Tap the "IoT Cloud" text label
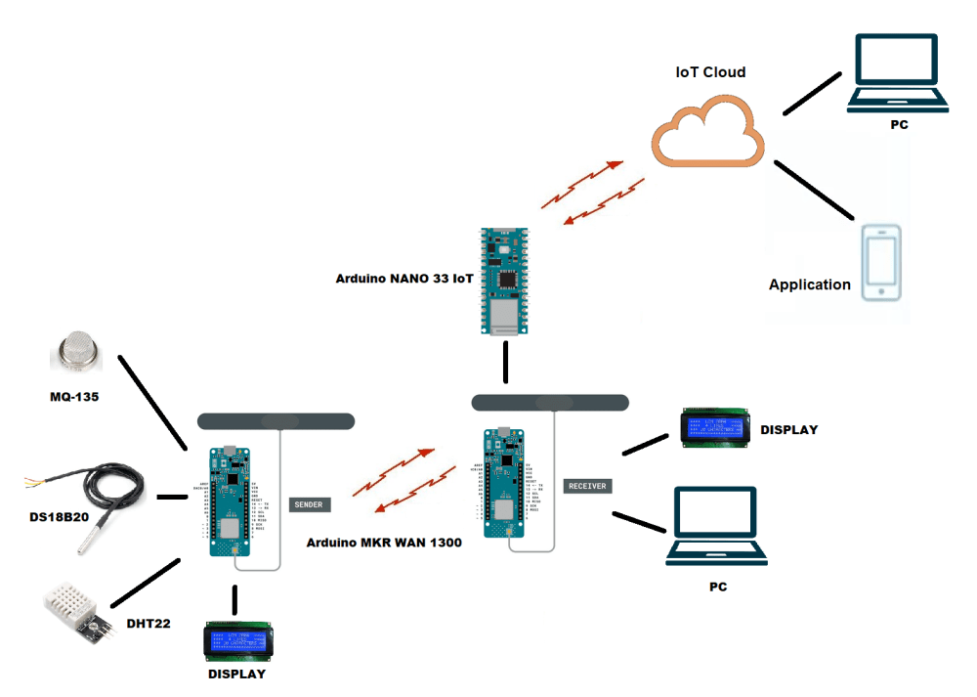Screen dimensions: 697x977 [x=710, y=72]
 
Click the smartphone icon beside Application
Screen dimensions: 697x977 [x=881, y=263]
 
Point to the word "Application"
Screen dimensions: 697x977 [x=810, y=284]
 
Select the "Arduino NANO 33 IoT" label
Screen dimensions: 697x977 [x=404, y=279]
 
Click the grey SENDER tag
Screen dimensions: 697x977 [x=310, y=504]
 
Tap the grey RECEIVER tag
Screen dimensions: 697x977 [x=587, y=486]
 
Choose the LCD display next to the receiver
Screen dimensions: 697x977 [x=716, y=427]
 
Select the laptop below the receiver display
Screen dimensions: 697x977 [x=717, y=529]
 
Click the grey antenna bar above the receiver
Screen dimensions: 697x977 [x=549, y=402]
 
